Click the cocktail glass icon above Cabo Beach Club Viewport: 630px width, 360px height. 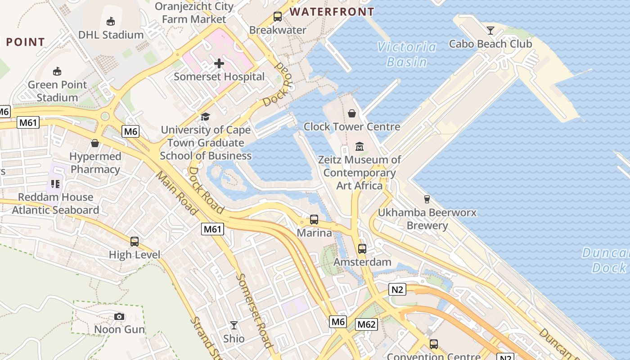click(x=490, y=31)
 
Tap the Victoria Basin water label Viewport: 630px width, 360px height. click(x=407, y=54)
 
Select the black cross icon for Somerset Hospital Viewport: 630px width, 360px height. click(x=219, y=63)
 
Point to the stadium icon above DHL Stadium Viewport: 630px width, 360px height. click(x=111, y=21)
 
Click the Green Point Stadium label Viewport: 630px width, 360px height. click(x=57, y=91)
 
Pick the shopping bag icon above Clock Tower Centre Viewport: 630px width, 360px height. click(x=352, y=113)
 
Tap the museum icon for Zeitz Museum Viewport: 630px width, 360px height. click(x=360, y=147)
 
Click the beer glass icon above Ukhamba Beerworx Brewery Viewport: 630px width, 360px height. click(x=427, y=199)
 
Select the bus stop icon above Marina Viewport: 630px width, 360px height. click(x=314, y=220)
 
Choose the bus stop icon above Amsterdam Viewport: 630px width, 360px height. click(x=362, y=248)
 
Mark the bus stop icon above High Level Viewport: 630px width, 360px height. click(x=135, y=242)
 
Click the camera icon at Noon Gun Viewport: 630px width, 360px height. click(x=119, y=316)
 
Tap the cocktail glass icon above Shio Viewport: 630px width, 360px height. click(x=234, y=325)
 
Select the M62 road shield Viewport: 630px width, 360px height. click(x=366, y=324)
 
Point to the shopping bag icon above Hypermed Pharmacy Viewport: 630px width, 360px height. click(x=95, y=143)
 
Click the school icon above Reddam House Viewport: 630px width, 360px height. click(x=55, y=184)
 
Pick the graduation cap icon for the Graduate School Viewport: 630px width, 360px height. click(x=206, y=117)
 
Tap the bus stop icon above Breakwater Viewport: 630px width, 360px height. click(x=278, y=17)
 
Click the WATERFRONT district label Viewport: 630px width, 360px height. click(x=332, y=12)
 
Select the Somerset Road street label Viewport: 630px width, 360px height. click(x=254, y=310)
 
